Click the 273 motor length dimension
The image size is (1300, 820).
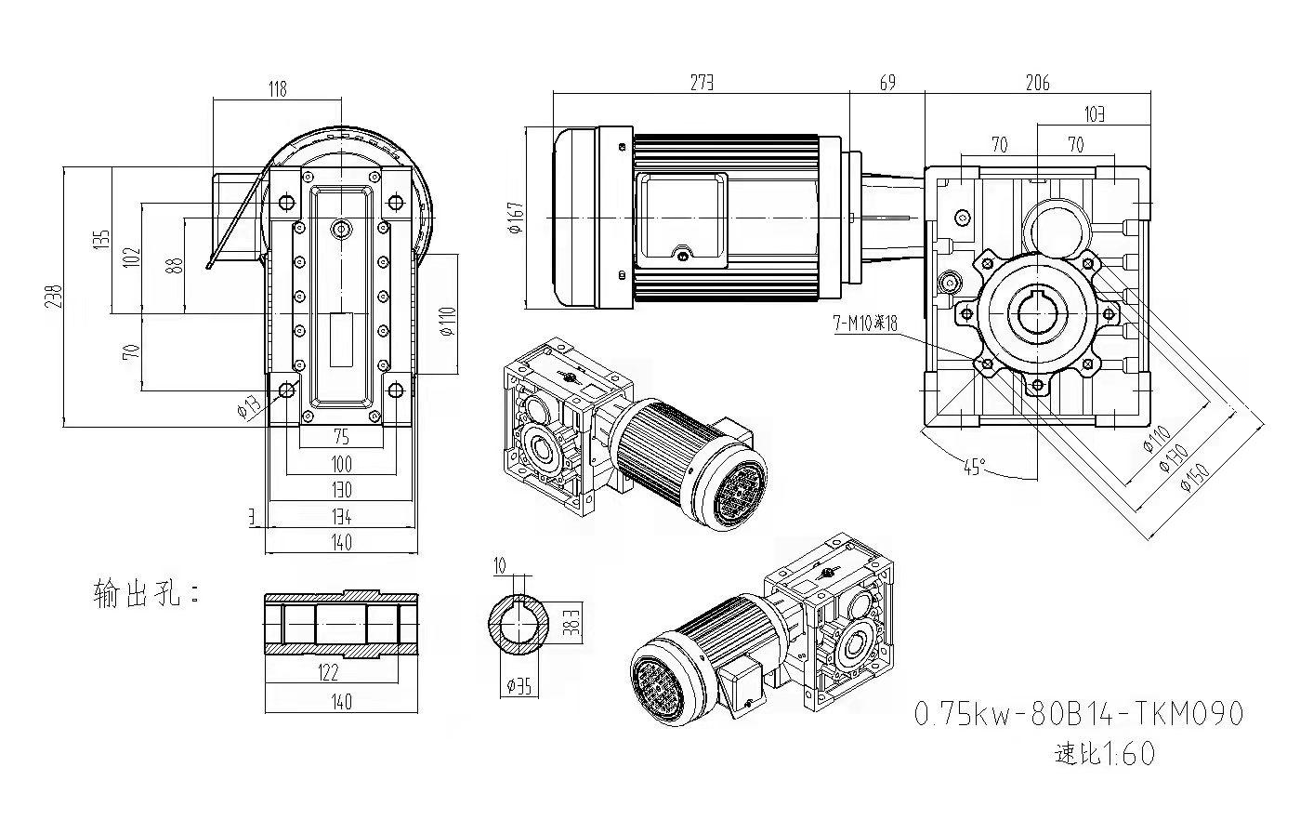tap(702, 83)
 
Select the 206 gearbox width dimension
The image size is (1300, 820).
tap(1037, 83)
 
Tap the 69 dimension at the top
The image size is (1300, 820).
tap(887, 83)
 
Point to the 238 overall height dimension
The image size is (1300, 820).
tap(55, 297)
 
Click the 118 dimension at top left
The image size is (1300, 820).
tap(277, 88)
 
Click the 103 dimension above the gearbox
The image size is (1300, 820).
tap(1095, 114)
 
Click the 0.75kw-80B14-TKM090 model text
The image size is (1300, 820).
tap(1078, 714)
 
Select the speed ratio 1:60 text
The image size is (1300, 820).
tap(1105, 753)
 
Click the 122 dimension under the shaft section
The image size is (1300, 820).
tap(328, 672)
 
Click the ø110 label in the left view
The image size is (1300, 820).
tap(447, 321)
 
